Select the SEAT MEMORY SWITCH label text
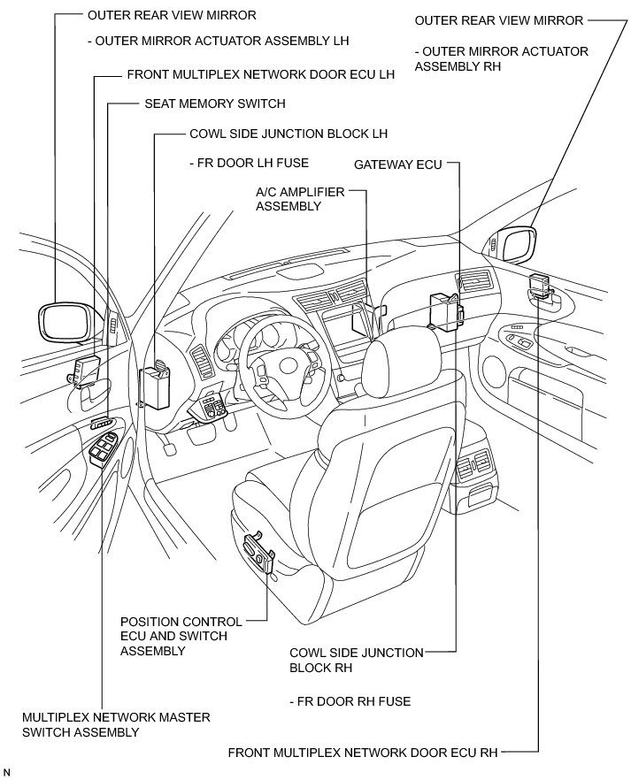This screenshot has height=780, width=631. click(214, 103)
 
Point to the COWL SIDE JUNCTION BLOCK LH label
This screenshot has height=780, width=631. click(289, 134)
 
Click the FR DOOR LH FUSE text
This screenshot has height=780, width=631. click(238, 164)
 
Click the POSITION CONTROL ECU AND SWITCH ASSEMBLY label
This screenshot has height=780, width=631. click(173, 636)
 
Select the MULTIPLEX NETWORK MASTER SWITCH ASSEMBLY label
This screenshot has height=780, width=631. click(117, 724)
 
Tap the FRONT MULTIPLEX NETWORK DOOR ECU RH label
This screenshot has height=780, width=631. click(363, 753)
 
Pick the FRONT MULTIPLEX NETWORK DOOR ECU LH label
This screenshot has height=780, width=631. click(260, 75)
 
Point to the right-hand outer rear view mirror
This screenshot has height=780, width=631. click(516, 245)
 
